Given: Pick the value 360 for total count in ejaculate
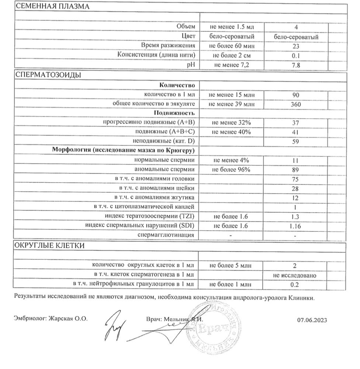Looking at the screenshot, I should coord(296,104).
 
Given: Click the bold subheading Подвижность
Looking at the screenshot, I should coord(174,113).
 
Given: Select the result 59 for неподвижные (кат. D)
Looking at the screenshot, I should coord(296,141).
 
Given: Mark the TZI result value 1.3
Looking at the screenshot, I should coord(296,217).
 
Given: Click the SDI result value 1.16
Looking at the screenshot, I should coord(296,226).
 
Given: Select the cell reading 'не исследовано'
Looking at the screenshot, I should coord(296,275).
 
